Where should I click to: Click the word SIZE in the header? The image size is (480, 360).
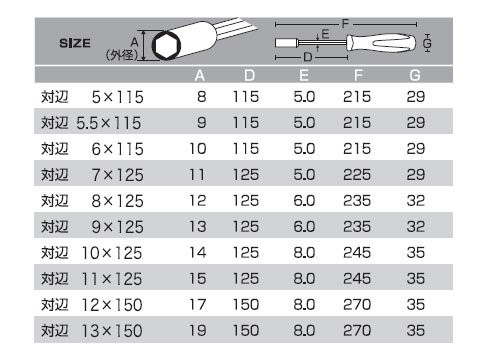[x=75, y=43]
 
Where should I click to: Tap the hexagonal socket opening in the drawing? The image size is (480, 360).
[x=166, y=46]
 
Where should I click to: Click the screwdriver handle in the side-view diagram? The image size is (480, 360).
[x=381, y=43]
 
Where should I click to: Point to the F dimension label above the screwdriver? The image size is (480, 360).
[x=345, y=24]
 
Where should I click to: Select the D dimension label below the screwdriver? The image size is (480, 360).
[x=308, y=57]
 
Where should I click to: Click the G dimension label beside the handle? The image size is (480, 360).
[x=427, y=43]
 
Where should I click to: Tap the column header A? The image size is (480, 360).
[x=200, y=76]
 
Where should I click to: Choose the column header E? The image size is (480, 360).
[x=304, y=76]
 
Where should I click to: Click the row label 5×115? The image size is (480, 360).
[x=118, y=97]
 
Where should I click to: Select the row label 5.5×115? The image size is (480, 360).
[x=109, y=123]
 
